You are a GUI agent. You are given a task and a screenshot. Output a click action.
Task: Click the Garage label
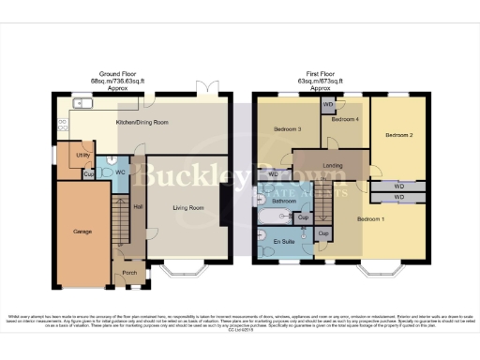(82, 230)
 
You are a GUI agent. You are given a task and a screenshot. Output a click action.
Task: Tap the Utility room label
(82, 155)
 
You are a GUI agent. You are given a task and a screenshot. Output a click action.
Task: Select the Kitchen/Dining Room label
(142, 123)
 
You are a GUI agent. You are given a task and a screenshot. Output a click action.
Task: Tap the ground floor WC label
(120, 173)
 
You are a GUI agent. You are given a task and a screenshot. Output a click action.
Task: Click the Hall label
(137, 207)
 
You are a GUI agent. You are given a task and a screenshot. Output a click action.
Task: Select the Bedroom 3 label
(287, 128)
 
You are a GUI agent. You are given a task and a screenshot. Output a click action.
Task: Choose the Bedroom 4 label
(345, 120)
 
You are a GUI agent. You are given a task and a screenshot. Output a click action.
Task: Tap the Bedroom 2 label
(398, 136)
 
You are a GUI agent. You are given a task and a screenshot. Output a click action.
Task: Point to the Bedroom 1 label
(371, 219)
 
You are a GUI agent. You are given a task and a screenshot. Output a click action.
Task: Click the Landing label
(333, 167)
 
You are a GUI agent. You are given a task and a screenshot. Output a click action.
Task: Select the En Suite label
(283, 243)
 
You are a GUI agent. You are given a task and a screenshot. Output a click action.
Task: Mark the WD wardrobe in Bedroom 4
(327, 105)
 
